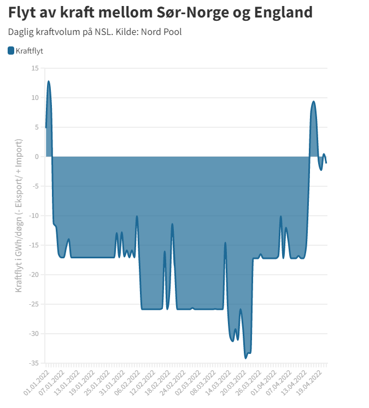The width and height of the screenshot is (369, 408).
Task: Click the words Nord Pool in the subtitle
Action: pyautogui.click(x=161, y=32)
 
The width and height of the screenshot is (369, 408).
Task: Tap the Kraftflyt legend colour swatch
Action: pyautogui.click(x=11, y=51)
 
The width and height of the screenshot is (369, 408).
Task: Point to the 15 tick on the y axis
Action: pyautogui.click(x=35, y=68)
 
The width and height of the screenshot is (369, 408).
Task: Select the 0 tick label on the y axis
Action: pyautogui.click(x=37, y=157)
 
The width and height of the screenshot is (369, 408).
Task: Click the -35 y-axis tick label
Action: pyautogui.click(x=34, y=363)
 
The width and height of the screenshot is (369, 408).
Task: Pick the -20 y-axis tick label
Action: pyautogui.click(x=34, y=275)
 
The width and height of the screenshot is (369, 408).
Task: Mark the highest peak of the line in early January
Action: pyautogui.click(x=49, y=81)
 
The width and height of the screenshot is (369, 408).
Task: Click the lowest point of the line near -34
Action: pyautogui.click(x=246, y=358)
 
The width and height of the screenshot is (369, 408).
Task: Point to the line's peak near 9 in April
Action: pyautogui.click(x=313, y=102)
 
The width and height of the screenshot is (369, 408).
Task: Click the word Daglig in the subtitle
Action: pyautogui.click(x=21, y=32)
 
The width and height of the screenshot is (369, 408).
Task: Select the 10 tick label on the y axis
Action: pyautogui.click(x=35, y=98)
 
